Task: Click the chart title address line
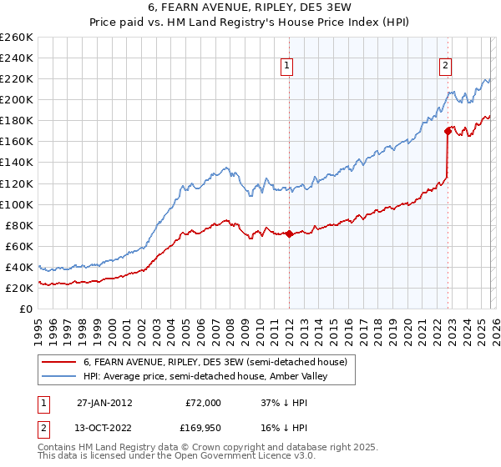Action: pyautogui.click(x=250, y=9)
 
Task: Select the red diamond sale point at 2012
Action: pyautogui.click(x=289, y=233)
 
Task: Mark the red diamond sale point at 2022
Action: pyautogui.click(x=448, y=131)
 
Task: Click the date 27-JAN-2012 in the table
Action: pyautogui.click(x=104, y=402)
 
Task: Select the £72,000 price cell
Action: pyautogui.click(x=203, y=402)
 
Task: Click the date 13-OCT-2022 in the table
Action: pyautogui.click(x=104, y=429)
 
